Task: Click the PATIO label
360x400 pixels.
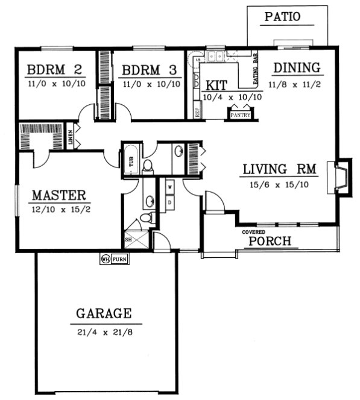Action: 282,16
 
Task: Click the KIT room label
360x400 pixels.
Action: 214,85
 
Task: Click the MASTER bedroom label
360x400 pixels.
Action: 58,195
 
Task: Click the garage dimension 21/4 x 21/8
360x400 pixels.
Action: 104,331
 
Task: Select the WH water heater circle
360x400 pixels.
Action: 105,259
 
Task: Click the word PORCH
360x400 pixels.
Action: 270,242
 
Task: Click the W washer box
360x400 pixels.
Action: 169,187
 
